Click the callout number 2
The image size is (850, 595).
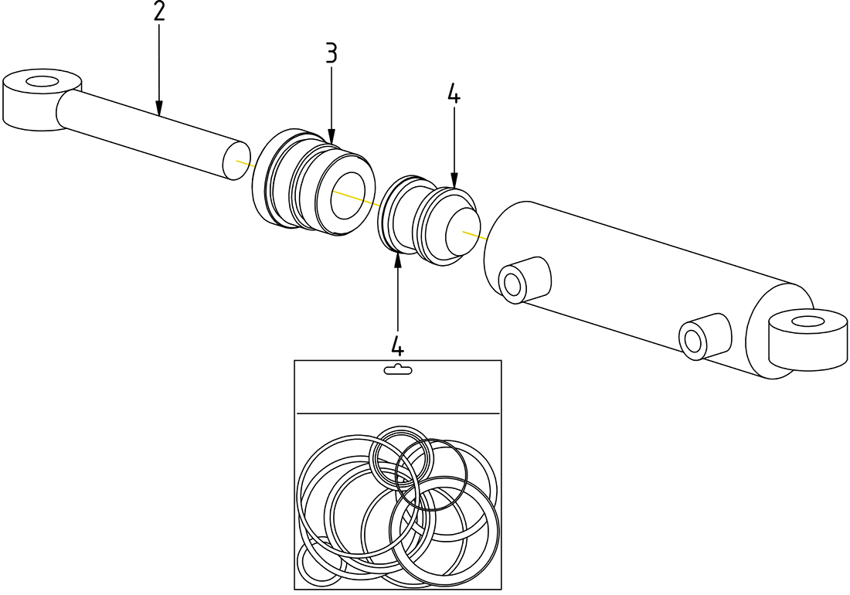[x=158, y=12]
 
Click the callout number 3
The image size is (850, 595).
[x=331, y=53]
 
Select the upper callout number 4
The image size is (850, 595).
[x=454, y=94]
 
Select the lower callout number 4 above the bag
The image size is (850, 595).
[x=398, y=345]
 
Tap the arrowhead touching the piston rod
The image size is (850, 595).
[x=158, y=110]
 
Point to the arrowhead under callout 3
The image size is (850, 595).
[x=331, y=137]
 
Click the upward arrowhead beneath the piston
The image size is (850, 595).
[x=398, y=258]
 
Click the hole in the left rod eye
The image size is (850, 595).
[x=42, y=80]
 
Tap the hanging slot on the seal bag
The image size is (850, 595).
[x=398, y=370]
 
